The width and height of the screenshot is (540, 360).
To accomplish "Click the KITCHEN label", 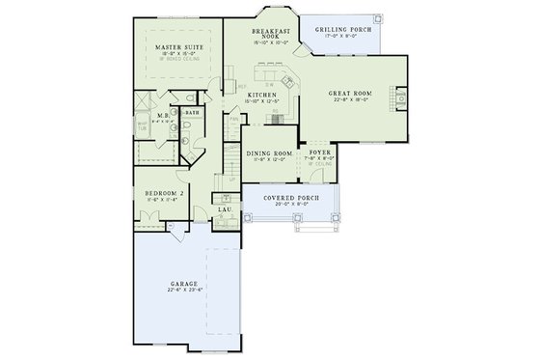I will tap(262, 95).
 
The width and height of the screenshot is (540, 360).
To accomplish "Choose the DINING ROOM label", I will tap(269, 153).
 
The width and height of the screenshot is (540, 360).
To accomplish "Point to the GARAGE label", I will tap(183, 284).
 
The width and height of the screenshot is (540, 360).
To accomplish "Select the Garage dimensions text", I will tap(183, 291).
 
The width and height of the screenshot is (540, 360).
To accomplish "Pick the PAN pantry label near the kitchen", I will tap(232, 119).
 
